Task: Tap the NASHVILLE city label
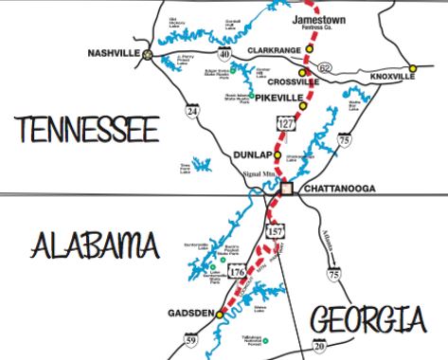pos(113,54)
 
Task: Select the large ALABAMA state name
pos(92,247)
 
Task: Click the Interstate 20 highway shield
pos(318,348)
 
